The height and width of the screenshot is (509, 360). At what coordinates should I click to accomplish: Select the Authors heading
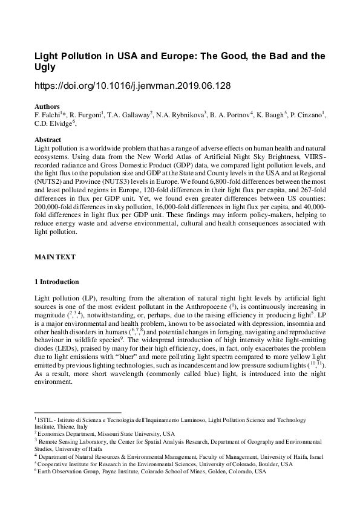click(x=47, y=106)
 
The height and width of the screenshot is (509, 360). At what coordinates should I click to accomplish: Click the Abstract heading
click(x=48, y=140)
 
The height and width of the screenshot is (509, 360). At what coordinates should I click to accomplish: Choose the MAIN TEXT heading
click(x=55, y=257)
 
